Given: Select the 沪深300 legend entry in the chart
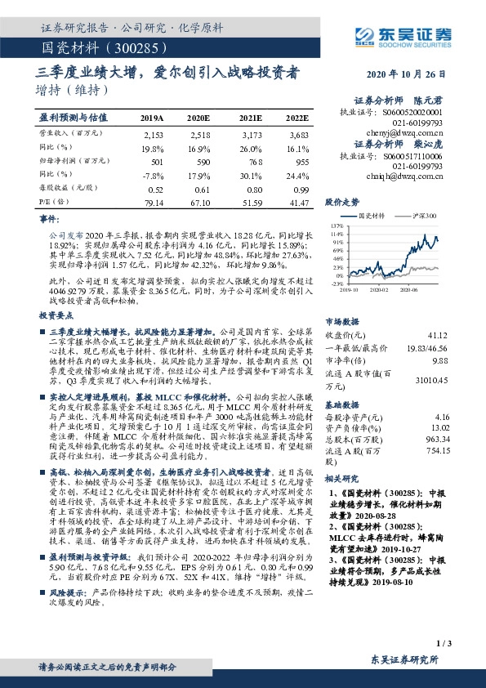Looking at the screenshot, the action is [421, 215].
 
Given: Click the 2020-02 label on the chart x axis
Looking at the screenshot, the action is [377, 288].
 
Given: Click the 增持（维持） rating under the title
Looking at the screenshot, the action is [74, 89].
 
